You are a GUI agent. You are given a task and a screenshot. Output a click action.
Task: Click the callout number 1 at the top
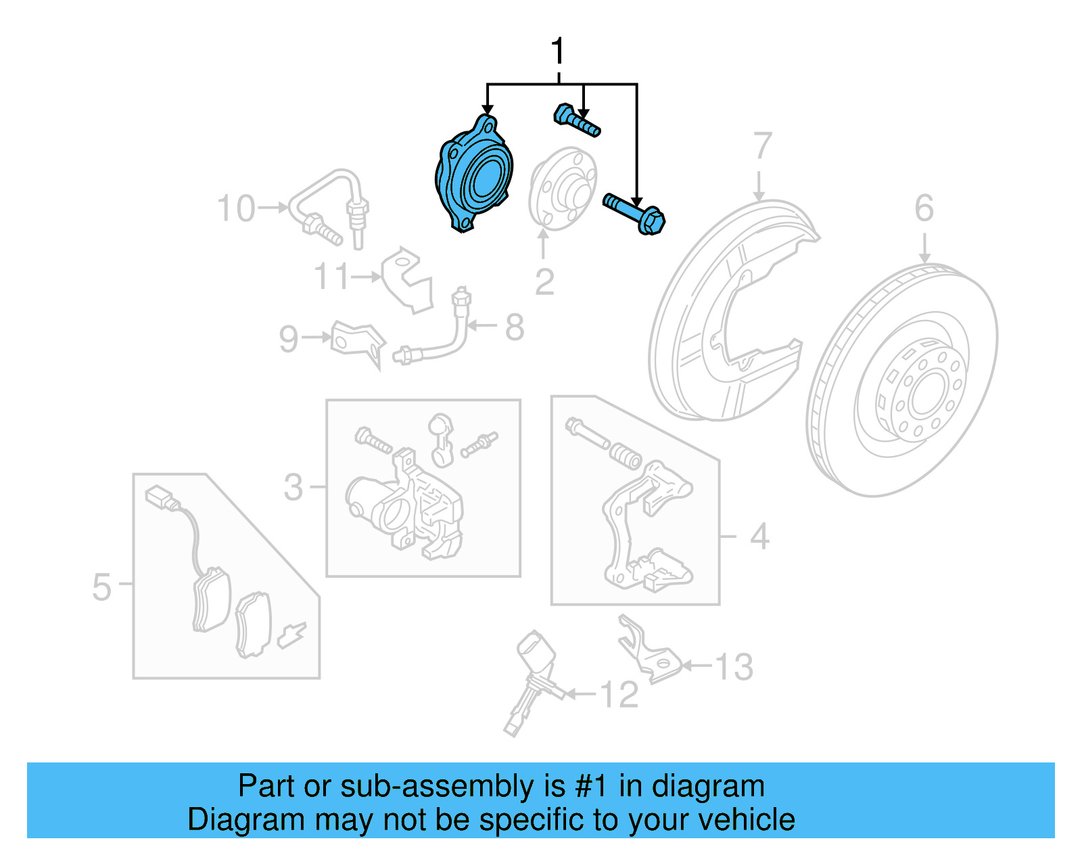tap(557, 52)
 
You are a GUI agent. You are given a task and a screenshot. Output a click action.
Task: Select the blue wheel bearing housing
tap(473, 176)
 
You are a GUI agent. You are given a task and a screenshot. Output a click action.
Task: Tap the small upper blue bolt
tap(576, 120)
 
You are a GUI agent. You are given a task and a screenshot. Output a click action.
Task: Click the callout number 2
tap(544, 281)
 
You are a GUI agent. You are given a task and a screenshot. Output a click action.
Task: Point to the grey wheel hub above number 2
tap(563, 187)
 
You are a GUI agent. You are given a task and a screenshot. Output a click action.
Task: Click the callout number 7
tap(762, 146)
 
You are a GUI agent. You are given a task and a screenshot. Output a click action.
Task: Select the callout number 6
tap(924, 208)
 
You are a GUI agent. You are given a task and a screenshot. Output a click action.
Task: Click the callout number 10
tap(236, 208)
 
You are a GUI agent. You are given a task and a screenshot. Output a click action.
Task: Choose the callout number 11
tap(331, 277)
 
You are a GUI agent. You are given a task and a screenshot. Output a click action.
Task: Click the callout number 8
tap(515, 327)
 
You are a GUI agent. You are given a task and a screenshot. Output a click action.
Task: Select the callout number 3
tap(293, 487)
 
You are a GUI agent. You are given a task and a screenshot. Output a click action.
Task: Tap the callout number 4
tap(759, 536)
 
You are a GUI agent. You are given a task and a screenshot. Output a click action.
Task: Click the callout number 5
tap(101, 587)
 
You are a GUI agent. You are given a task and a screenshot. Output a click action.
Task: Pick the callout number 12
tap(619, 695)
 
